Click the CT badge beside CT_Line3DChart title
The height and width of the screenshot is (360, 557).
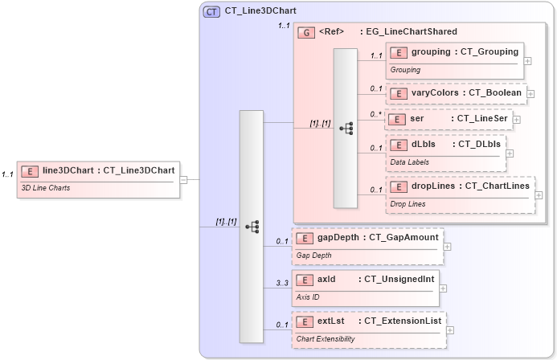pos(212,11)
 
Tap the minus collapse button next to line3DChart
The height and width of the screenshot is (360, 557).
pos(183,179)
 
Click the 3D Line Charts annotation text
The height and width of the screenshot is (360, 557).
pos(45,188)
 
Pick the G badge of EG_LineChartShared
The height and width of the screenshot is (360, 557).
pos(305,32)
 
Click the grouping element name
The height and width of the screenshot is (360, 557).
pos(431,52)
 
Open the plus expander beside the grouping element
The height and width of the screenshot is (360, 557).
pos(527,60)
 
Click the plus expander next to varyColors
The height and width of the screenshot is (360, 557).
pos(530,93)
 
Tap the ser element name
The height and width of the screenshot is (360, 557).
pos(416,118)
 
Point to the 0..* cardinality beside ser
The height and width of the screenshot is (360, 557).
pos(376,114)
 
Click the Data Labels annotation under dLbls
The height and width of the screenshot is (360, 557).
pos(410,162)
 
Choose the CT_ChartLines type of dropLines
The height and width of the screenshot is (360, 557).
pos(497,186)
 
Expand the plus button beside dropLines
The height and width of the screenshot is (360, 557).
pos(539,195)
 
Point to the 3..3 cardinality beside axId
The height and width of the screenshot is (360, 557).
pos(282,283)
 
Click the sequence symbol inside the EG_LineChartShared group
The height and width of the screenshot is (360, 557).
pos(346,128)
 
